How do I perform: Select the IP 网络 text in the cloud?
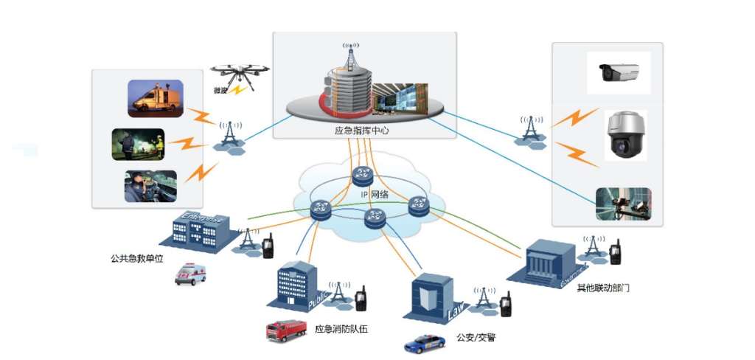tap(375, 193)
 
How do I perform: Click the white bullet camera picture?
tap(619, 72)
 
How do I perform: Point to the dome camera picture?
tap(625, 135)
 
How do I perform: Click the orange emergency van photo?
tap(155, 98)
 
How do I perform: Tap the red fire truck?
tap(286, 329)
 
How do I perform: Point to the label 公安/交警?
tap(476, 338)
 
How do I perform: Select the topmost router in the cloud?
tap(363, 175)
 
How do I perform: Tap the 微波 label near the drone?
tap(220, 91)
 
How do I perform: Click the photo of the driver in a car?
tap(150, 186)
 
